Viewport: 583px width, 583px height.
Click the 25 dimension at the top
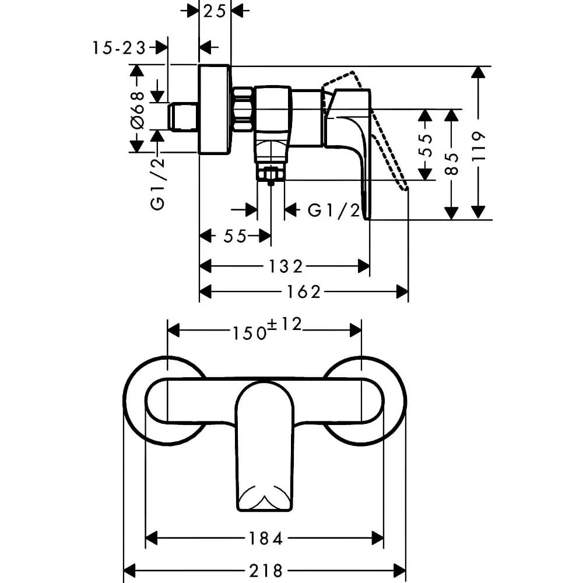(x=215, y=11)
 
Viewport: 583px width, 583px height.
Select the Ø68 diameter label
(x=137, y=110)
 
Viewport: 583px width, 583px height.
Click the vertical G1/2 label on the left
(x=157, y=183)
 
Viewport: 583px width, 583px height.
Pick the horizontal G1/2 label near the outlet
(x=334, y=211)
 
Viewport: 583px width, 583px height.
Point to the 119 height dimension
(x=478, y=146)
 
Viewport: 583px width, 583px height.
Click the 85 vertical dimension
(x=452, y=164)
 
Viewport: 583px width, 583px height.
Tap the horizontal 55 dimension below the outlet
(x=235, y=236)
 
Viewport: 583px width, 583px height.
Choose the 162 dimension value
(x=303, y=292)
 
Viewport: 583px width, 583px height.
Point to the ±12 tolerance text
(x=285, y=325)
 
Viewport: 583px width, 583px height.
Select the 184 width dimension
(x=265, y=538)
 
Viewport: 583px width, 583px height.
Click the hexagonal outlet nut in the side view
(x=271, y=174)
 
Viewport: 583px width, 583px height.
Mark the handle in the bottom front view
(x=265, y=446)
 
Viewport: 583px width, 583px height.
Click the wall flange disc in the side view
(x=215, y=110)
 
